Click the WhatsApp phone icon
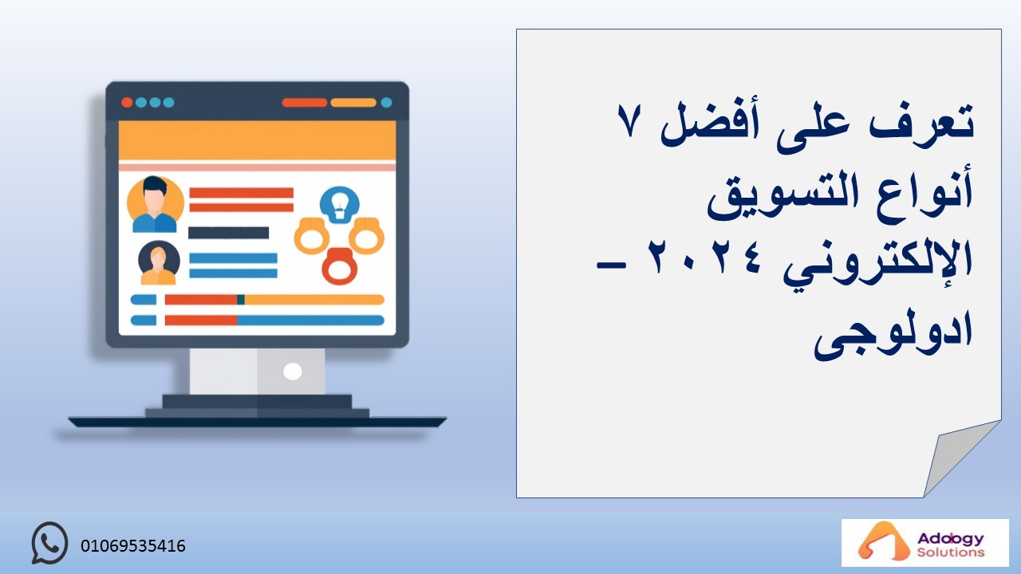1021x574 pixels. (x=49, y=543)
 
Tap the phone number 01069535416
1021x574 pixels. (x=133, y=546)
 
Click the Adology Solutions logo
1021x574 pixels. (x=924, y=543)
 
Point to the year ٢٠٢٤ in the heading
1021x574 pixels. (x=704, y=258)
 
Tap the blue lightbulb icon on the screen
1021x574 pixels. (x=340, y=205)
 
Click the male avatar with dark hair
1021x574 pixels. (x=155, y=204)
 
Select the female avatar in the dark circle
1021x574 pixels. (x=159, y=262)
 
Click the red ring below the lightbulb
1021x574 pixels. (x=340, y=266)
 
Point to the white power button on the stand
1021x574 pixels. (x=292, y=372)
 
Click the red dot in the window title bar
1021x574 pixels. (x=127, y=103)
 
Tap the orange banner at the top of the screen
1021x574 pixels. (x=257, y=140)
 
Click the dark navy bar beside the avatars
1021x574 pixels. (x=228, y=233)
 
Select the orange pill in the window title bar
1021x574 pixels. (x=353, y=103)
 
